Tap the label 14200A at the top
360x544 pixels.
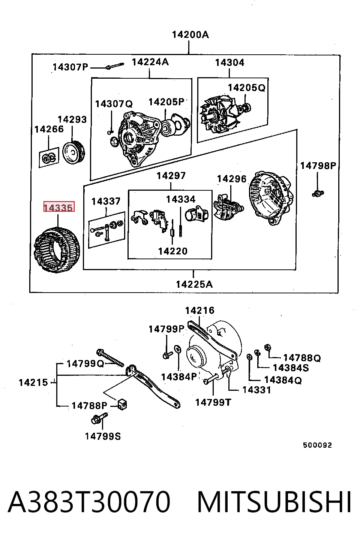click(x=190, y=35)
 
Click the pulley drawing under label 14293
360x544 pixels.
click(x=73, y=152)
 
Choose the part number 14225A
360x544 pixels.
click(x=194, y=284)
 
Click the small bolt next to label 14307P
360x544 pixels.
click(x=115, y=66)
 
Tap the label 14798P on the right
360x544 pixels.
click(x=318, y=166)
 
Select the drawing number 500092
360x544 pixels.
click(x=317, y=445)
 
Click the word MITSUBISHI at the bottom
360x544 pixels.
click(x=274, y=502)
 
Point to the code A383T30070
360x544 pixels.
click(x=89, y=502)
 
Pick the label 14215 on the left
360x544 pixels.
click(x=33, y=383)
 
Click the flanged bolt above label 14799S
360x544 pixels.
click(x=99, y=418)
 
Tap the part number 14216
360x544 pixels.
click(x=200, y=310)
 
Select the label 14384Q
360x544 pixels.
click(x=283, y=380)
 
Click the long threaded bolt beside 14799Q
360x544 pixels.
click(x=110, y=357)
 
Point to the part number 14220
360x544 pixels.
click(x=173, y=251)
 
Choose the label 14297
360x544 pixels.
click(x=171, y=176)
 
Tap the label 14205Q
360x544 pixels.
click(x=247, y=88)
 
